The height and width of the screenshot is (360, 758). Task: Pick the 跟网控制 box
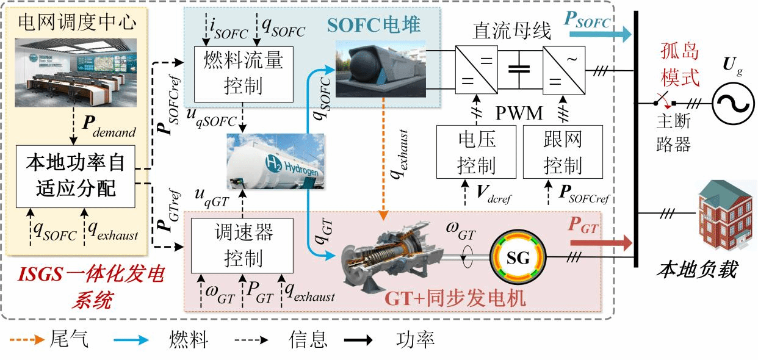(x=563, y=152)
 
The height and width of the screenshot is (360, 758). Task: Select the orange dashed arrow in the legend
(x=24, y=339)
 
